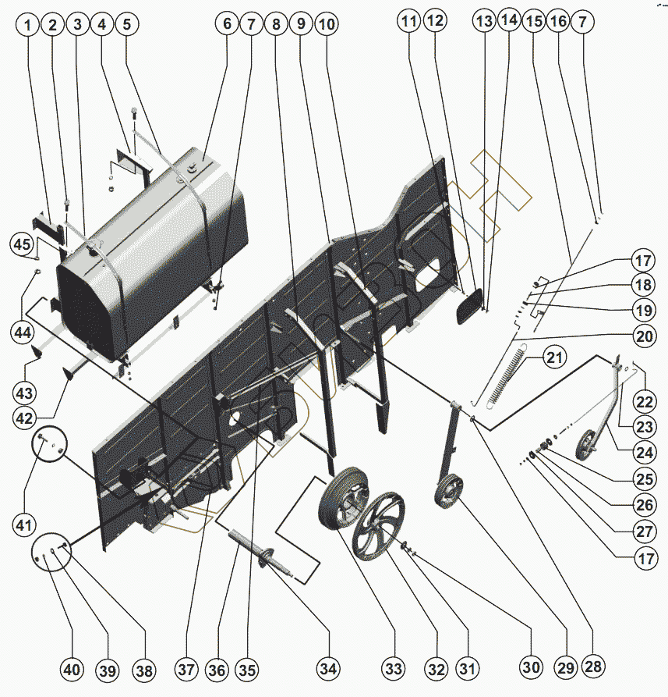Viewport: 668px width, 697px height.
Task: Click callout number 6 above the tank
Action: tap(227, 24)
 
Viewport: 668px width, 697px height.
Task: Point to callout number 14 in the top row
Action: tap(509, 21)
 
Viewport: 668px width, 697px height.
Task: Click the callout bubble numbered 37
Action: tap(186, 670)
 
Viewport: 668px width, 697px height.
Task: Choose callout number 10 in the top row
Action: tap(327, 24)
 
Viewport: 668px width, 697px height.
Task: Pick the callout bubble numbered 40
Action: tap(71, 670)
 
